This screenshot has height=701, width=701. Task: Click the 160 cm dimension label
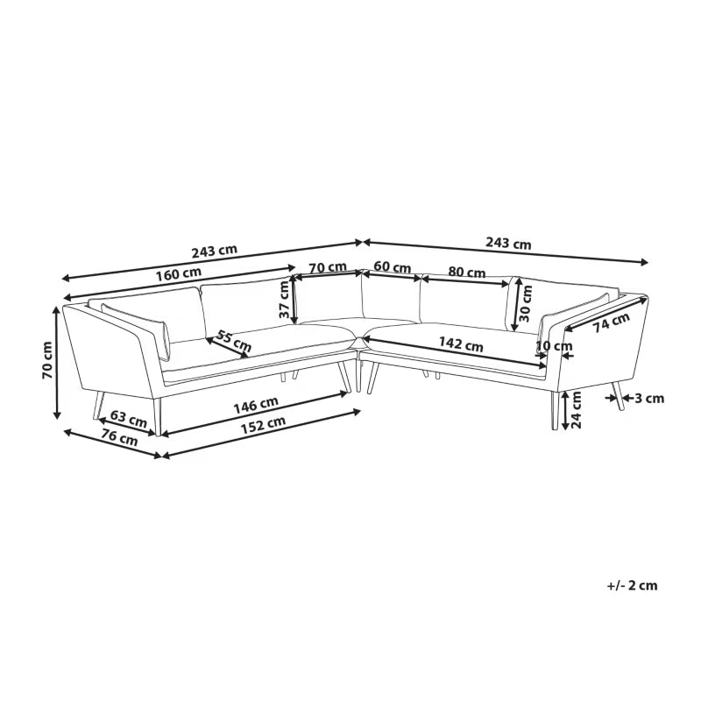[179, 273]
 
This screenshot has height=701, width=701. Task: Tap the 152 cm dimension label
[263, 426]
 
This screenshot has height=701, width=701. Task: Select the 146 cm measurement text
[256, 405]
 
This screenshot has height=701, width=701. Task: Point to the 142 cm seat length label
[461, 344]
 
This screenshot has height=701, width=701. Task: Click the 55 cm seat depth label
[234, 341]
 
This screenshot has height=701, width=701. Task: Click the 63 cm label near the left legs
[128, 419]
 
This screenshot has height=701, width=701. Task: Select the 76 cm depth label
[119, 436]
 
